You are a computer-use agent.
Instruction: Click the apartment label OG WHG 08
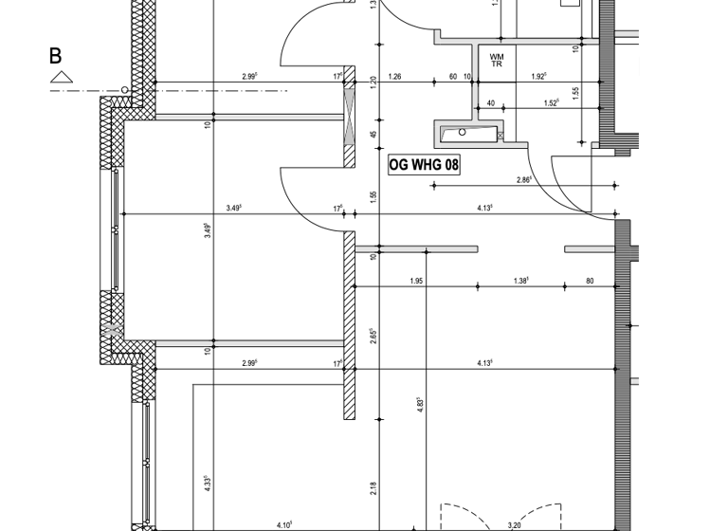coord(425,165)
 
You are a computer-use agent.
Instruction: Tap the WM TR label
coord(497,61)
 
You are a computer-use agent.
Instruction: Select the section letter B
coord(56,56)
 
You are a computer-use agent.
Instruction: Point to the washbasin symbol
coord(468,134)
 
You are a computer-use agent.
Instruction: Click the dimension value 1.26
coord(395,77)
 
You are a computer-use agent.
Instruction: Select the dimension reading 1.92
coord(539,77)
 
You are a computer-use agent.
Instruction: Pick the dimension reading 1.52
coord(551,103)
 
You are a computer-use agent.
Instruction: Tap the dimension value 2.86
coord(523,179)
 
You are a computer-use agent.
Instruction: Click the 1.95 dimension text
coord(415,281)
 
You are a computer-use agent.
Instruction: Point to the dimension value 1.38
coord(520,281)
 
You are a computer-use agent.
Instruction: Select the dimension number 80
coord(590,281)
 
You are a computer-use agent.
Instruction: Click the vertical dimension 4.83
coord(419,403)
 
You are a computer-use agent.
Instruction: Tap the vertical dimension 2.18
coord(373,487)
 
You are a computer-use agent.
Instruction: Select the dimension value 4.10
coord(284,524)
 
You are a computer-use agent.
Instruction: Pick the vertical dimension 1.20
coord(373,82)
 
